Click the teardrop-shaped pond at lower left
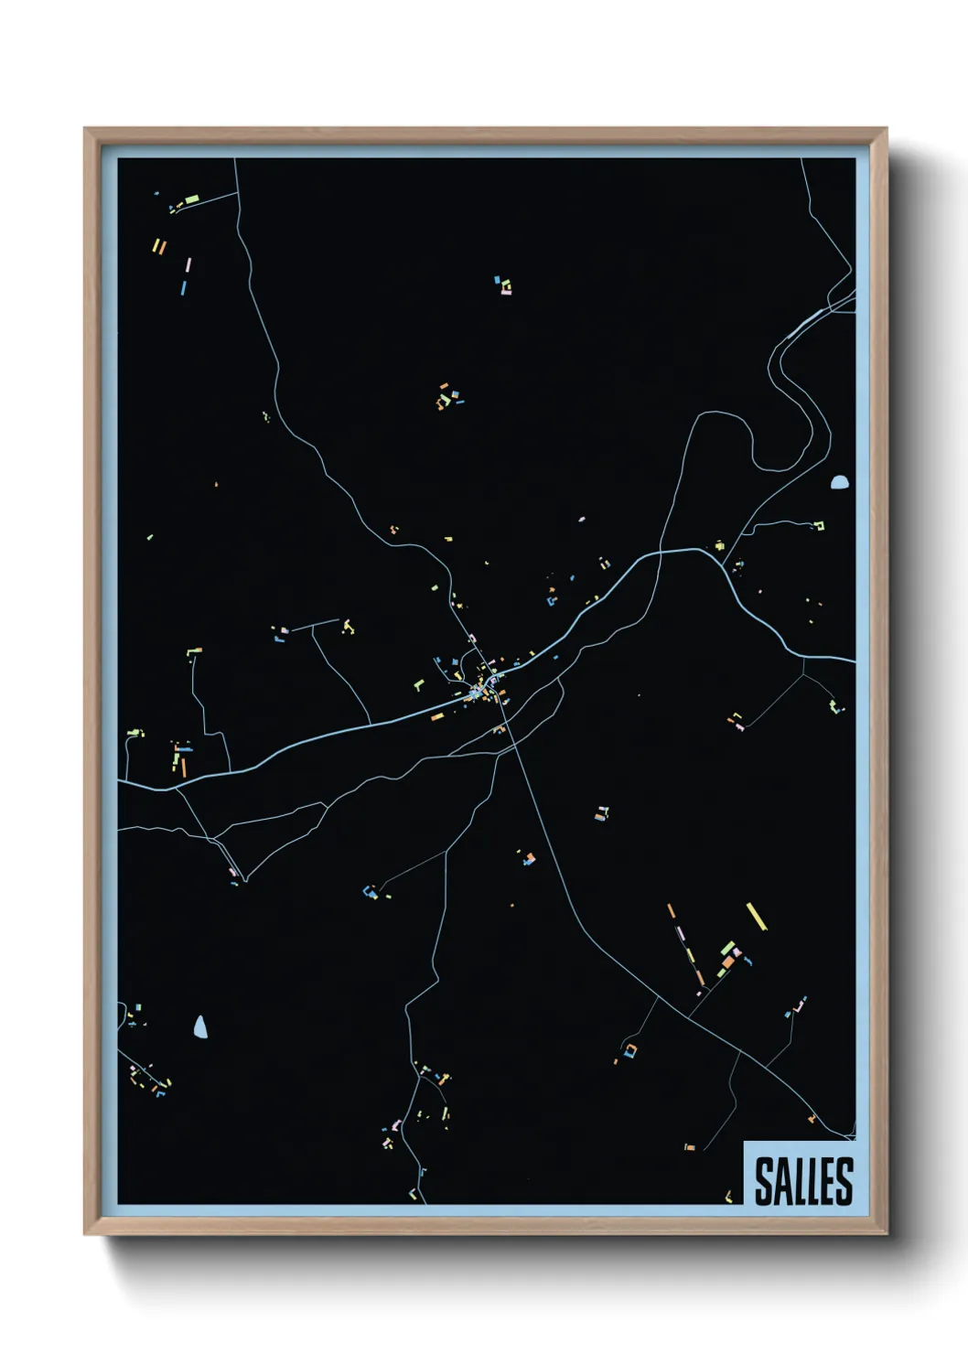(200, 1027)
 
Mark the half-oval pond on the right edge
(839, 482)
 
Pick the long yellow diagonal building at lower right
(756, 916)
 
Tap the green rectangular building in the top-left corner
(192, 199)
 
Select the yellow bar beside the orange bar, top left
(156, 245)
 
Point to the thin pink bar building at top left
(188, 265)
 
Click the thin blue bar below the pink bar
(184, 287)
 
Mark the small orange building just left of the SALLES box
(690, 1146)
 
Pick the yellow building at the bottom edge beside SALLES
(728, 1195)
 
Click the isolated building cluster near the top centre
(502, 286)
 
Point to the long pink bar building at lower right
(682, 942)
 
